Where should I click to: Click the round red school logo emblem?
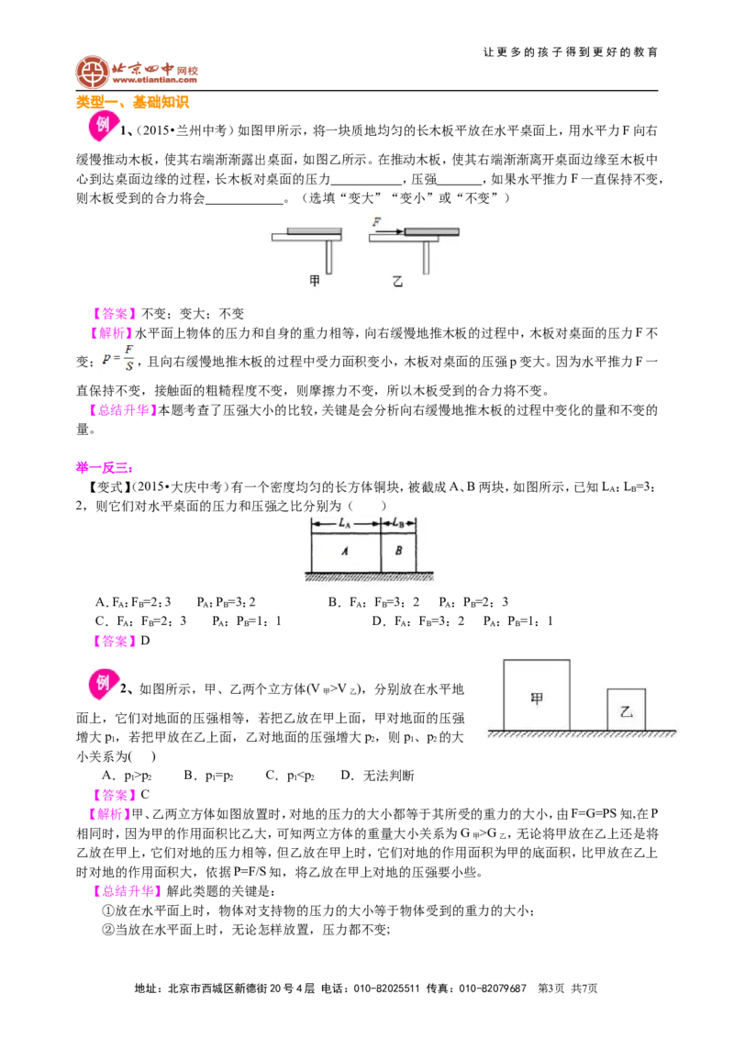tap(92, 73)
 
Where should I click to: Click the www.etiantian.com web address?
tap(155, 80)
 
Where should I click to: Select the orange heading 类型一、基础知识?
tap(132, 102)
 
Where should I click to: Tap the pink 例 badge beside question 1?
tap(103, 125)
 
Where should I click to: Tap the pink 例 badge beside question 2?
tap(103, 683)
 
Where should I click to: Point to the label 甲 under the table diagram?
tap(315, 281)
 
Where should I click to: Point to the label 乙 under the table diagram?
tap(397, 282)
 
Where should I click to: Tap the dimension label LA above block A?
tap(344, 523)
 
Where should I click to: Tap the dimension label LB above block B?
tap(398, 523)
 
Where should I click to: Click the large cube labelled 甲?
tap(537, 695)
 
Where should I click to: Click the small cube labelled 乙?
tap(626, 709)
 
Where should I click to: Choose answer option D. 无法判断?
tap(377, 776)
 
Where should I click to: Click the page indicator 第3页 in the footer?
tap(551, 989)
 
